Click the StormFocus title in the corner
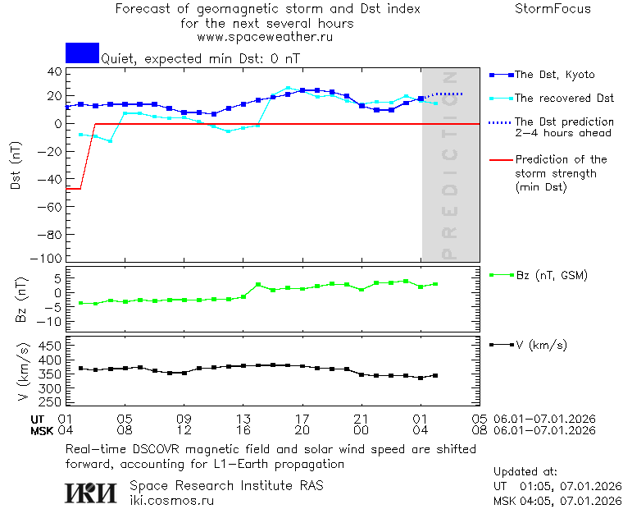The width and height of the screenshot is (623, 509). (553, 9)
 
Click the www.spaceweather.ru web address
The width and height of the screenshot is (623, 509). (265, 37)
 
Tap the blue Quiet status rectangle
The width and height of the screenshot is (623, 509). (82, 53)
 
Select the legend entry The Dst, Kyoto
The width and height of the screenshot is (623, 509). (554, 75)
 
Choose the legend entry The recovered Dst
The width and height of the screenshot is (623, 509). (564, 99)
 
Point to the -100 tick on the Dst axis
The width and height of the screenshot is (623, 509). (50, 258)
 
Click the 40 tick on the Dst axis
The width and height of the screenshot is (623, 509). (55, 71)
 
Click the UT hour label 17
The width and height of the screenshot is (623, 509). (302, 419)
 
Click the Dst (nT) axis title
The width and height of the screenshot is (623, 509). (16, 165)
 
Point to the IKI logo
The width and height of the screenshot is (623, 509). (92, 492)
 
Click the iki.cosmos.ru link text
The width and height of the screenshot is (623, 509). (171, 500)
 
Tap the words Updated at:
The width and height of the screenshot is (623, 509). (525, 472)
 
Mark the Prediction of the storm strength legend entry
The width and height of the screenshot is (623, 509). (561, 173)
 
